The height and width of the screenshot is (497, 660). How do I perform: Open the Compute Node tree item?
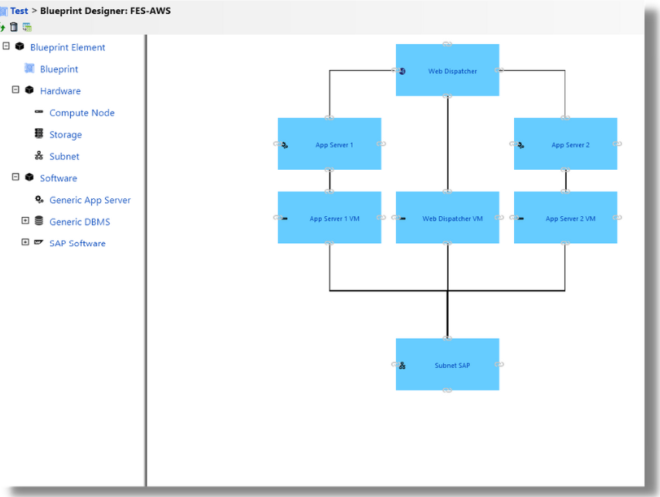[82, 113]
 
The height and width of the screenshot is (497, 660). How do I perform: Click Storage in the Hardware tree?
[66, 134]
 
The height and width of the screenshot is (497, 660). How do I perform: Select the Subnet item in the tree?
[64, 156]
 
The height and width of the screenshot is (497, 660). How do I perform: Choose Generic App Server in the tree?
[90, 200]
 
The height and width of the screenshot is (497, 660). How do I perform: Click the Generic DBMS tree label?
[80, 221]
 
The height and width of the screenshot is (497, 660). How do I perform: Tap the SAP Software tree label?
[77, 243]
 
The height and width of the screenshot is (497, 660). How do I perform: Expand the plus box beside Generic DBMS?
[25, 221]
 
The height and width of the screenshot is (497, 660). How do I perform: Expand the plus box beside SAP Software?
[25, 242]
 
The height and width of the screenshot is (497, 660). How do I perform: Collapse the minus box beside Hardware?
[15, 90]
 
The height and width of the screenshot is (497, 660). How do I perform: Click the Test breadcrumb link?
[19, 11]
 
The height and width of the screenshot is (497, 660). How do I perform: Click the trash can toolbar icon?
[14, 27]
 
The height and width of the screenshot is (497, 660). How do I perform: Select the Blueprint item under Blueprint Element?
[59, 69]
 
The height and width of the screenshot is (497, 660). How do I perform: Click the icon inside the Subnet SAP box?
[402, 365]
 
